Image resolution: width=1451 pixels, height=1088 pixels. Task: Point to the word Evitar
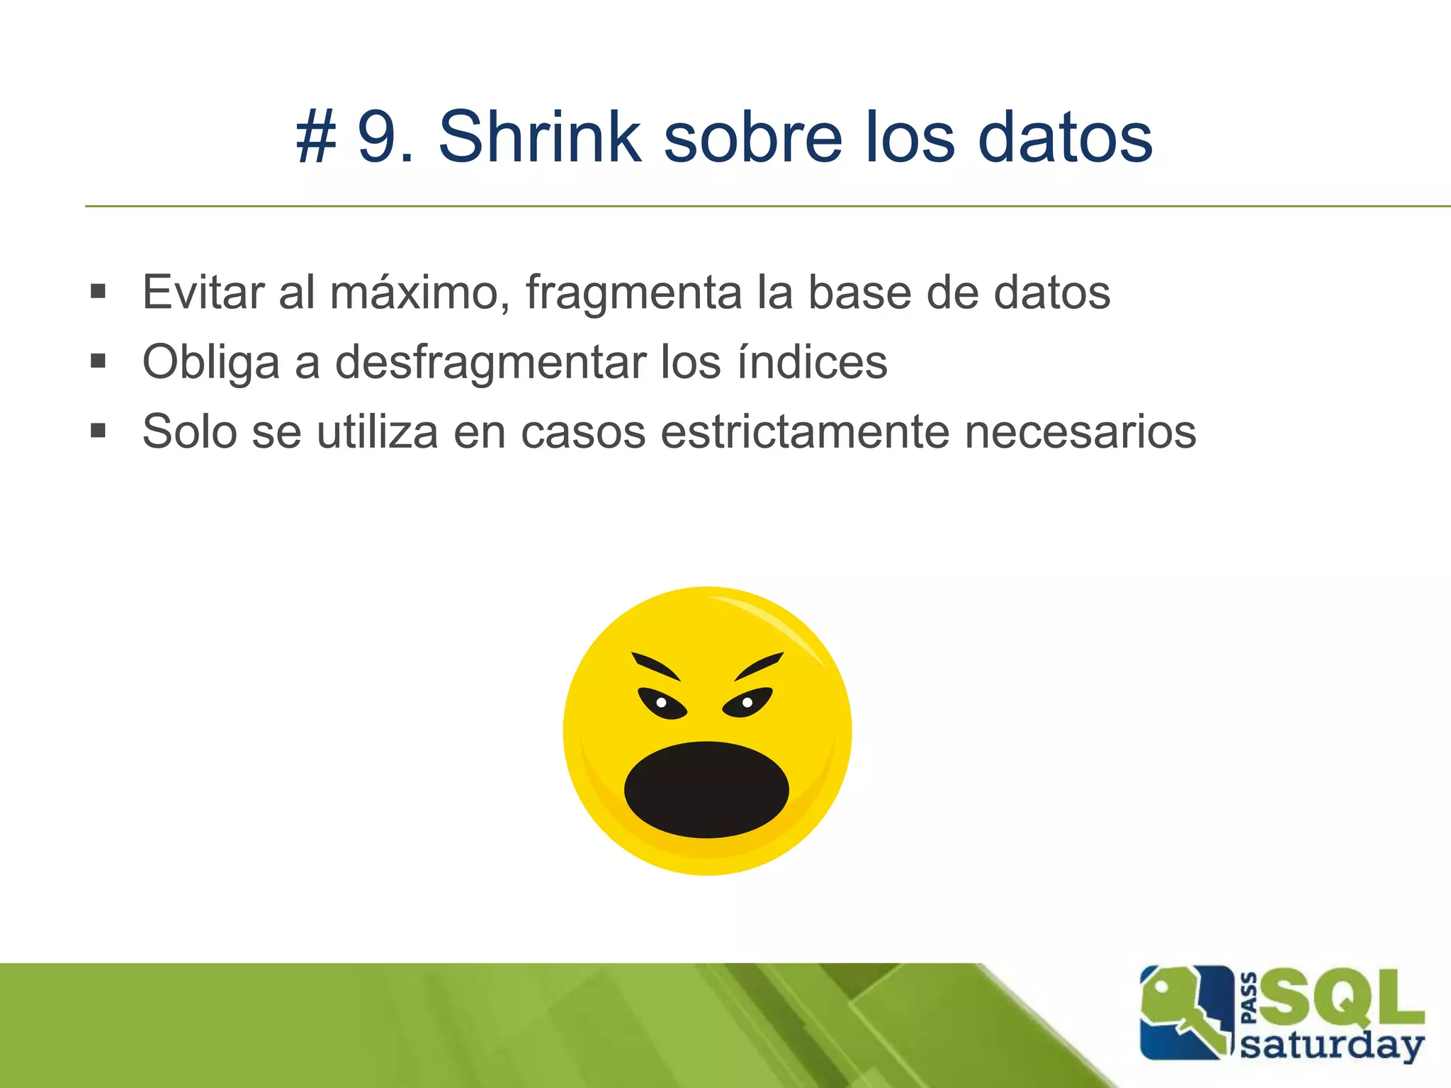click(x=203, y=292)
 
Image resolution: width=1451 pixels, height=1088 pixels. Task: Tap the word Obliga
click(x=211, y=363)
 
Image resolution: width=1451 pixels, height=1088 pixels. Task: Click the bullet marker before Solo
click(x=98, y=431)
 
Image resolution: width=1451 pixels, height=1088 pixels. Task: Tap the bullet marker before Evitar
click(x=98, y=291)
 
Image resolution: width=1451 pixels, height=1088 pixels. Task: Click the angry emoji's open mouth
click(x=706, y=789)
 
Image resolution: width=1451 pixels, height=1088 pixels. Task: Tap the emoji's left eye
click(x=662, y=703)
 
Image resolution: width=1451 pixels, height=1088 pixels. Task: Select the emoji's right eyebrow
click(x=758, y=666)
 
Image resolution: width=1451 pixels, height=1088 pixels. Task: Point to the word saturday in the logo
click(x=1332, y=1045)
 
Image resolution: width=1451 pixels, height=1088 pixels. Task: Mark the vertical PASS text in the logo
click(x=1250, y=999)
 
